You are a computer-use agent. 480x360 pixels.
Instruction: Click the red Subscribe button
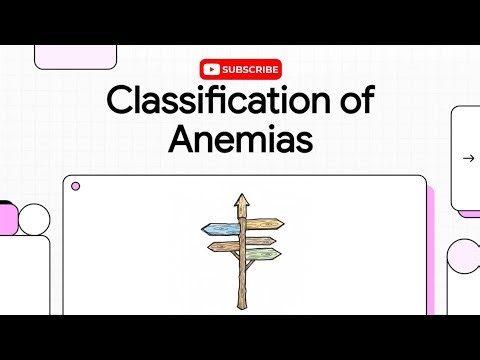tap(240, 69)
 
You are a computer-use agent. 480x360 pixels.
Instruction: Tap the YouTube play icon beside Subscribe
tap(210, 69)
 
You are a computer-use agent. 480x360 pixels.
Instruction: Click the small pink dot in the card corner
tap(76, 186)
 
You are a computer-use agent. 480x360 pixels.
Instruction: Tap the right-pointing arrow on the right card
tap(468, 158)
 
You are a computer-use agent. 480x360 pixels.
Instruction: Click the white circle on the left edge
tap(34, 218)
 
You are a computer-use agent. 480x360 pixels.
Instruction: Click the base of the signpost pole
tap(240, 305)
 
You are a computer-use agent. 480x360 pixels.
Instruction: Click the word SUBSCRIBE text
tap(250, 69)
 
